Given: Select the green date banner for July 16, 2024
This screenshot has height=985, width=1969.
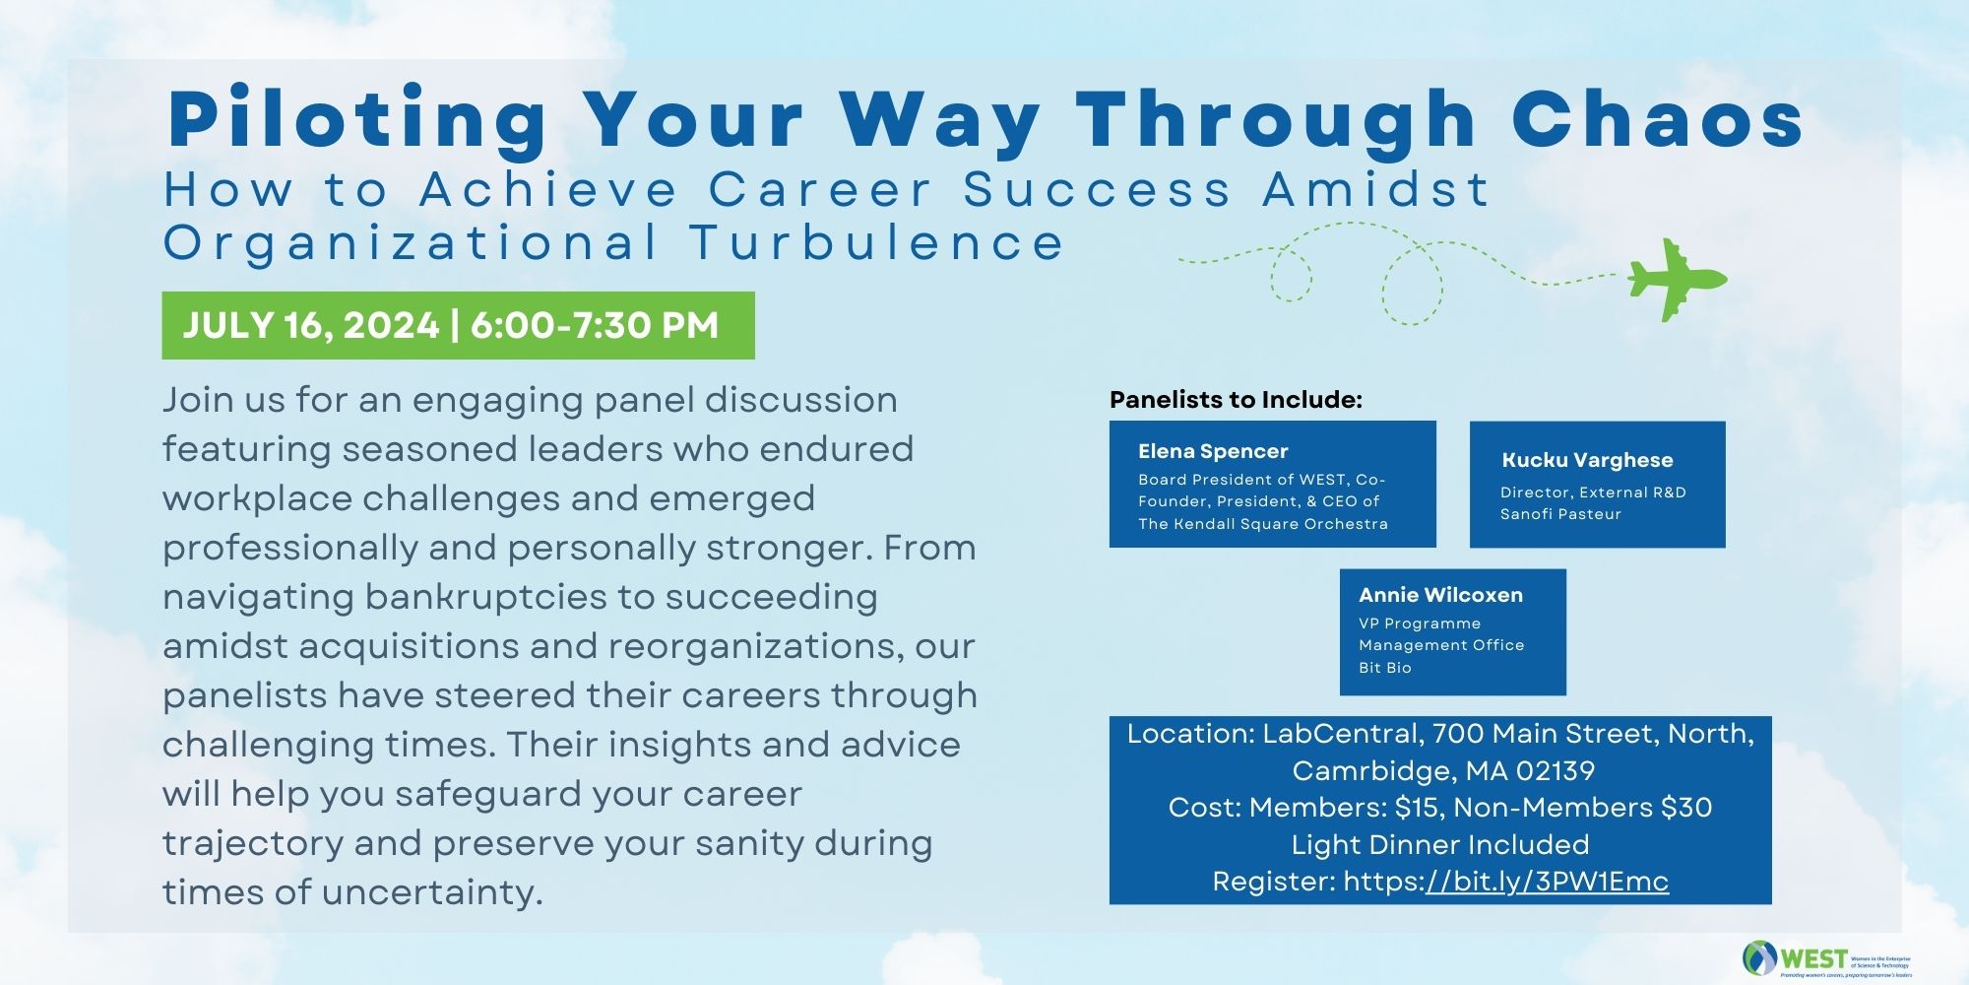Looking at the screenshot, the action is point(459,325).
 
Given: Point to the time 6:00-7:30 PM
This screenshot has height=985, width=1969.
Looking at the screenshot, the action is point(595,325).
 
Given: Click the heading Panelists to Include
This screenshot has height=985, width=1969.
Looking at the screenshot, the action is point(1236,400).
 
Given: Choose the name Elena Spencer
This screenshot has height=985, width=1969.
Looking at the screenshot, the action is point(1213,451).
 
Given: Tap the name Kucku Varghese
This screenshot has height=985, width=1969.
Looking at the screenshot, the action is point(1587,460).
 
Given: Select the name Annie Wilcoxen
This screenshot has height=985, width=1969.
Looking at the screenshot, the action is point(1440,595).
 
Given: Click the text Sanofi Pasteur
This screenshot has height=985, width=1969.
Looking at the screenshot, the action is point(1560,514).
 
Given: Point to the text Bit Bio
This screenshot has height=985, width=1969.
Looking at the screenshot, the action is point(1385,668).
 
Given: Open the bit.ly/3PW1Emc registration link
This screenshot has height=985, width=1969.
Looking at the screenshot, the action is point(1548,882).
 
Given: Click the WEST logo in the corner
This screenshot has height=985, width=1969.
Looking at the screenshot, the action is point(1826,958).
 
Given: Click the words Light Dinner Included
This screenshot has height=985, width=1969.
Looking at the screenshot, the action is point(1440,845).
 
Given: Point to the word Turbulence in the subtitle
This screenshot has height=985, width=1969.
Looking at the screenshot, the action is point(876,242).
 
